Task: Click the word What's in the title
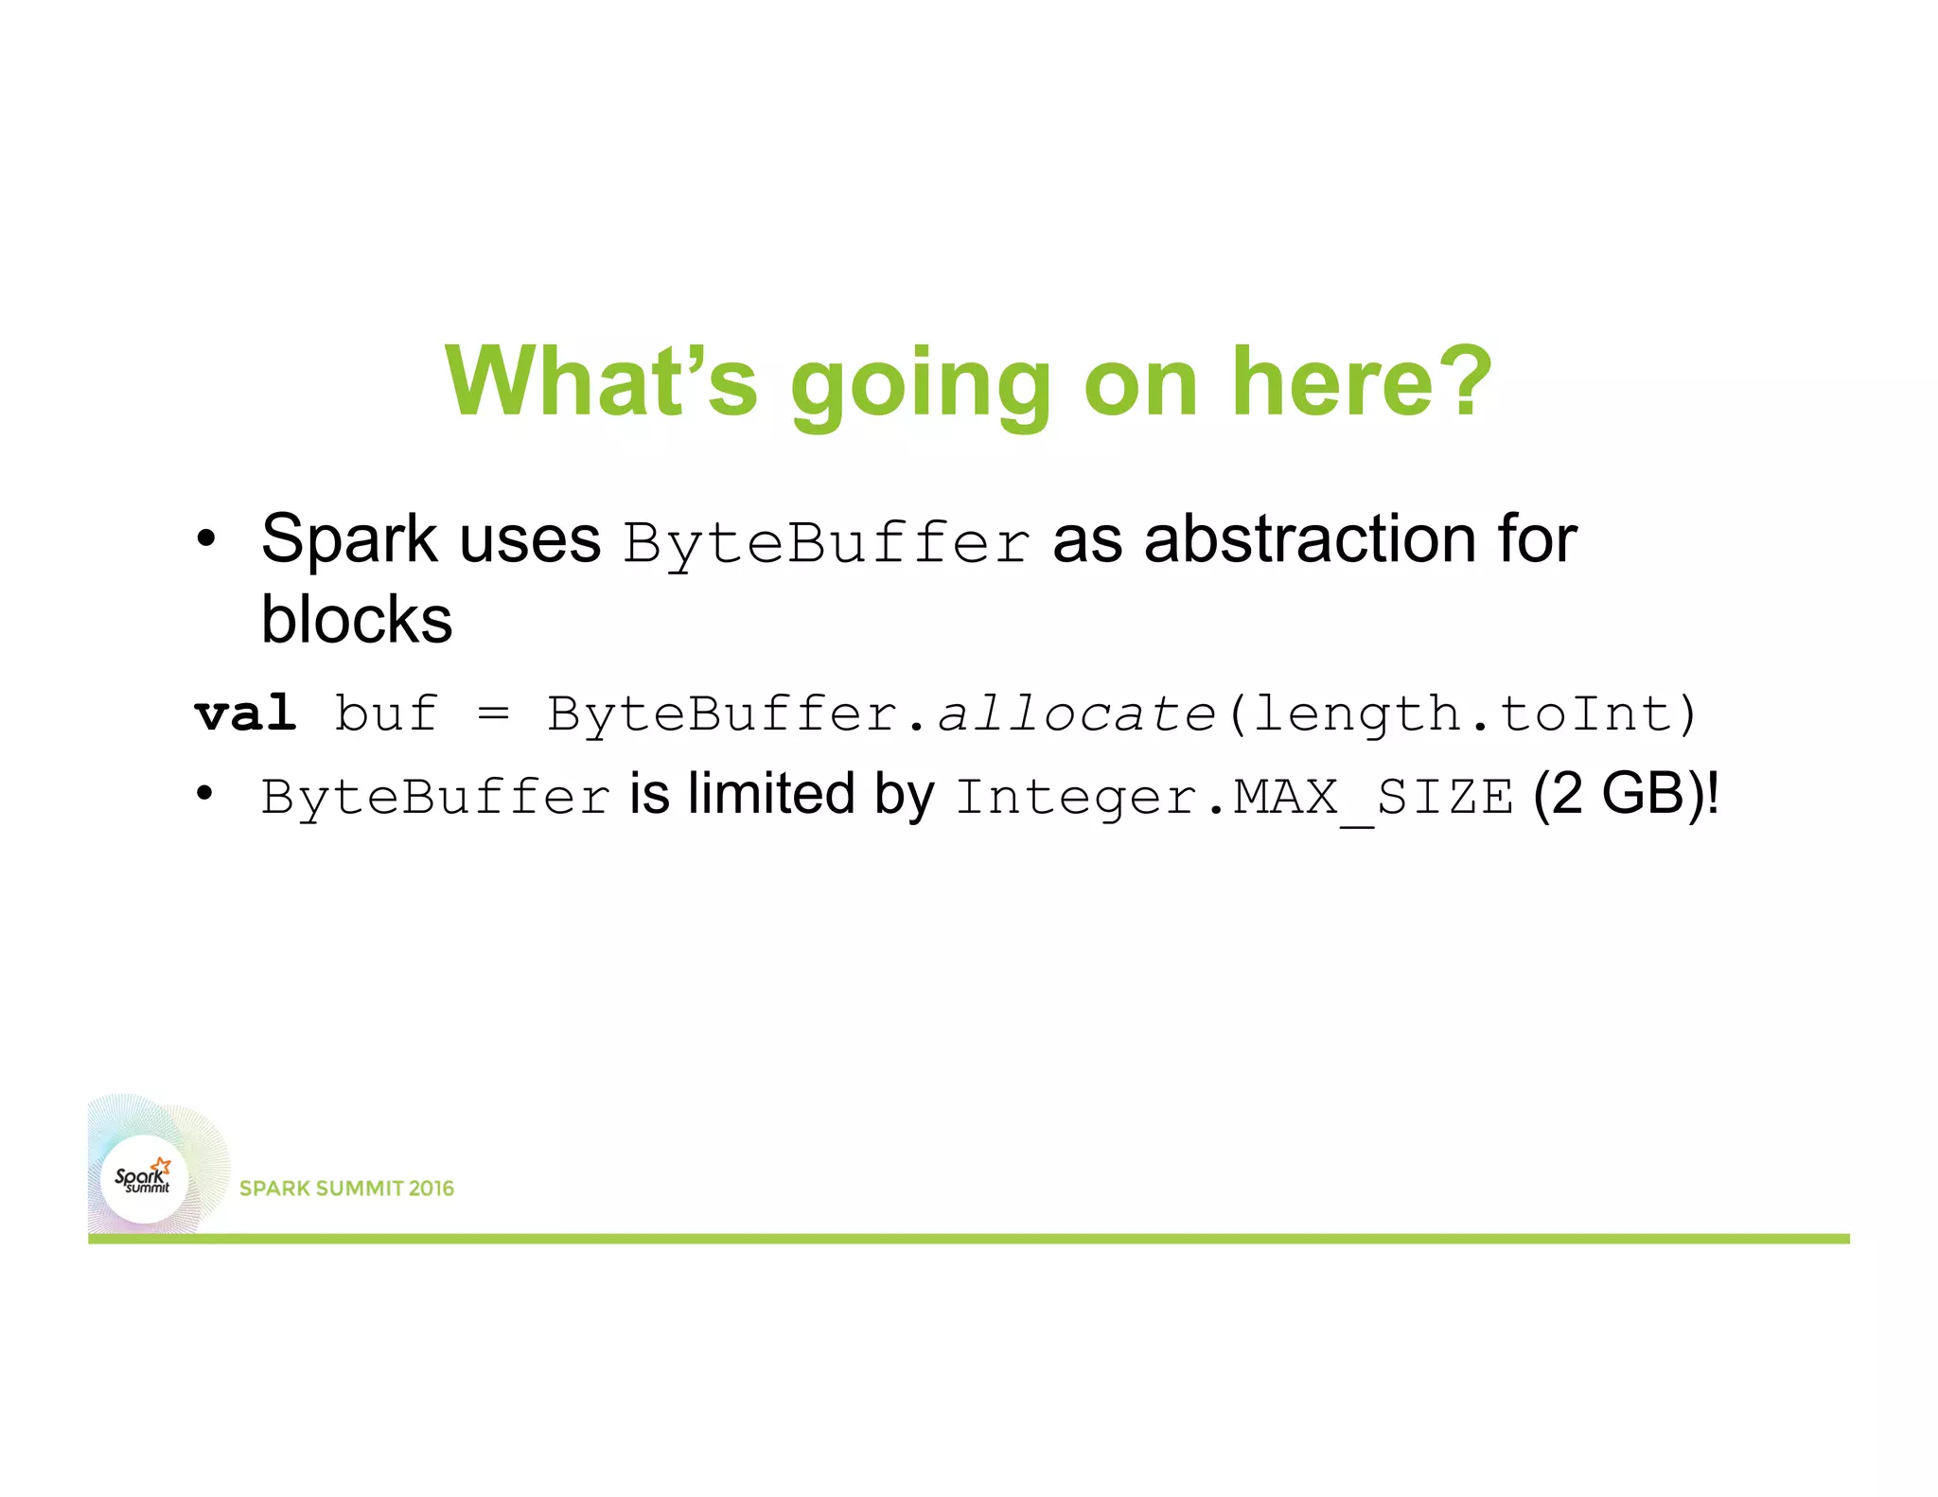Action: tap(602, 381)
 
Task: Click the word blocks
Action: tap(357, 621)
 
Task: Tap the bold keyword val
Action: tap(245, 713)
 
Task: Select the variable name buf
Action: tap(386, 713)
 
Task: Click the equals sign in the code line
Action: tap(493, 713)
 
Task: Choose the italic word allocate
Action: tap(1076, 713)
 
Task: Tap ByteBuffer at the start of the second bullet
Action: tap(436, 797)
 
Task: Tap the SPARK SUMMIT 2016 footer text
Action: tap(346, 1189)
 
